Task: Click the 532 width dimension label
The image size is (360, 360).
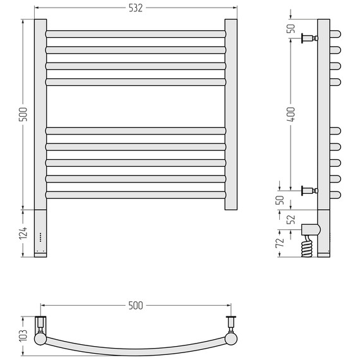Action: pyautogui.click(x=135, y=8)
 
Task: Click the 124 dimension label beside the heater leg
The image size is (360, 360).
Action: pyautogui.click(x=23, y=233)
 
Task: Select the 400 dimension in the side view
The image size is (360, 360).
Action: pyautogui.click(x=292, y=114)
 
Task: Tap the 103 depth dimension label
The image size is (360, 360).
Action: pyautogui.click(x=23, y=335)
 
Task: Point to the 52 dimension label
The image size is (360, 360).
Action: pyautogui.click(x=292, y=220)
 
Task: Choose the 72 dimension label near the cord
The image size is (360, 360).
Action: pyautogui.click(x=280, y=243)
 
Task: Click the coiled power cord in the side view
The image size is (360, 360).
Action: pyautogui.click(x=306, y=247)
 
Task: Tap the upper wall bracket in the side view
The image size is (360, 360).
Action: pyautogui.click(x=309, y=38)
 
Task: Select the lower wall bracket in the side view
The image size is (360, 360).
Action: pyautogui.click(x=309, y=191)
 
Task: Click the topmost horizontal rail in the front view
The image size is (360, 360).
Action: pyautogui.click(x=136, y=34)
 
